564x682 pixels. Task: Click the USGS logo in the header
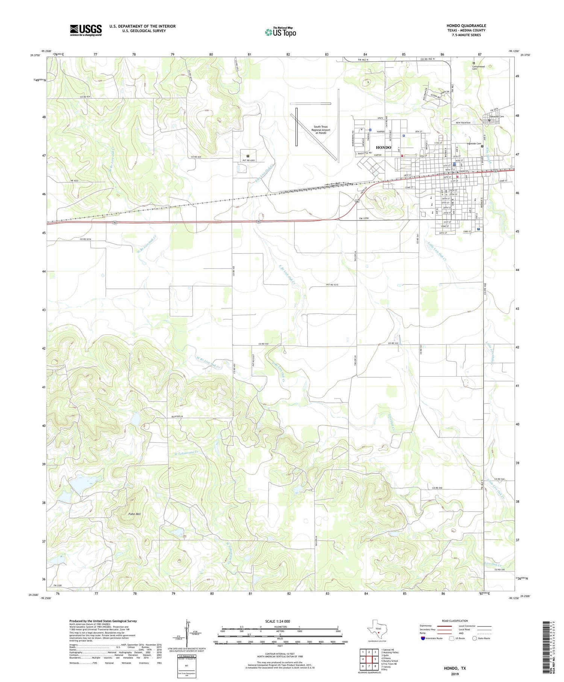86,30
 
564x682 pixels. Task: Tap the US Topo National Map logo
280,32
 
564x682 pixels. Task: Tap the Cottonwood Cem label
478,68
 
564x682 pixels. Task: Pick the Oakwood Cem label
496,117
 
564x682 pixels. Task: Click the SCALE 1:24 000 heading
277,621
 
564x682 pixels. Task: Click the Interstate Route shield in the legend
423,638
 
